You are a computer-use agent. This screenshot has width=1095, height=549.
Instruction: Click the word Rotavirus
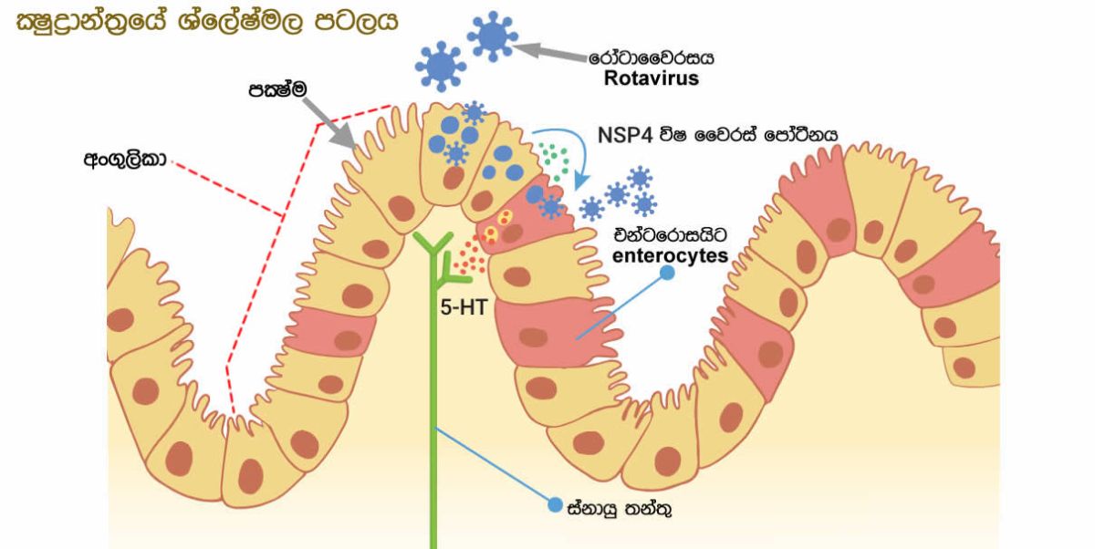point(652,78)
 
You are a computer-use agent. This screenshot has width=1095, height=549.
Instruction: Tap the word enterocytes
point(670,255)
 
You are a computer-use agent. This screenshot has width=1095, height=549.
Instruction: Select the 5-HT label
point(464,307)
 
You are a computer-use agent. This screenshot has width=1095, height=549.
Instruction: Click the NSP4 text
point(625,135)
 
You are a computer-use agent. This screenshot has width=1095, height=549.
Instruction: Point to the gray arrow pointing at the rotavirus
point(550,52)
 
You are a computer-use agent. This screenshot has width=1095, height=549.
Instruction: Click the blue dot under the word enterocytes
point(667,273)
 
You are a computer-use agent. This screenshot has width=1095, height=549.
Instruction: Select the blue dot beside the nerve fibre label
point(555,504)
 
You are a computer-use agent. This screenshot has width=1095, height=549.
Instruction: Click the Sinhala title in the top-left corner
point(207,22)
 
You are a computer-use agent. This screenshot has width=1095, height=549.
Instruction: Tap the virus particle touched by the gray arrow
point(492,36)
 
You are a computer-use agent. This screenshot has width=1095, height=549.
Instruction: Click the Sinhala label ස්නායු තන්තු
point(620,508)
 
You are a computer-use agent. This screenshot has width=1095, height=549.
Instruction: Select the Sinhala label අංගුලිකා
point(126,160)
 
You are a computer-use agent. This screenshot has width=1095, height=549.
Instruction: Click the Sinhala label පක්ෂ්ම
point(277,89)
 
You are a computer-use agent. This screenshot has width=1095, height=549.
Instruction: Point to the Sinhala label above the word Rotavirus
point(652,57)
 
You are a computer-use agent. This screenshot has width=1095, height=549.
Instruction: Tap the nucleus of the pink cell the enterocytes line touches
point(533,337)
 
